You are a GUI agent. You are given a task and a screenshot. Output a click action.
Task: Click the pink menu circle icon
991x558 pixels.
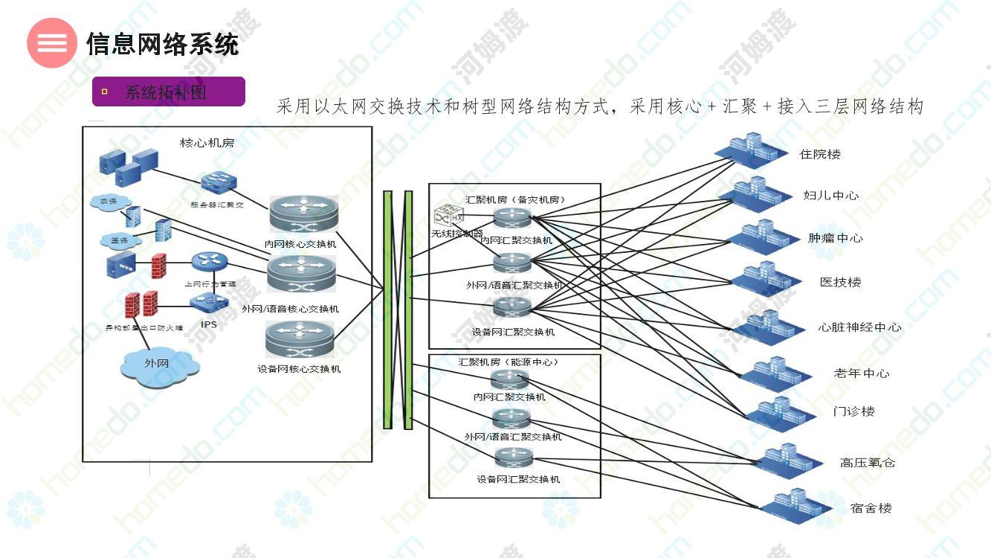click(x=51, y=42)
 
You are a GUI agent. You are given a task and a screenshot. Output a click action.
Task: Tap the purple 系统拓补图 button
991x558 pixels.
click(x=168, y=92)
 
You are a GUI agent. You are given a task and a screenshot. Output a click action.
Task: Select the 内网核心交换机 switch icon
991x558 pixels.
click(x=303, y=215)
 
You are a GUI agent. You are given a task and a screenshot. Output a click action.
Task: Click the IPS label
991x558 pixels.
click(x=209, y=324)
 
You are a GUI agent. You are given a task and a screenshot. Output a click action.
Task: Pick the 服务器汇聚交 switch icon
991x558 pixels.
click(x=218, y=183)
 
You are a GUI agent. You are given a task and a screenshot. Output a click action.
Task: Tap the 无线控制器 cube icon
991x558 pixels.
click(x=445, y=217)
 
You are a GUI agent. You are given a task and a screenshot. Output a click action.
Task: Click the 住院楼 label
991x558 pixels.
click(x=819, y=154)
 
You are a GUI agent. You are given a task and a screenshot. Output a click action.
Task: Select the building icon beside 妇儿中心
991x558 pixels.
click(x=754, y=193)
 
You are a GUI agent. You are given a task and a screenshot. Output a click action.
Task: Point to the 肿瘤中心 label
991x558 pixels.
click(x=835, y=238)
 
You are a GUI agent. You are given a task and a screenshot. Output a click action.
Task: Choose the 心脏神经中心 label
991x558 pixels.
click(x=859, y=327)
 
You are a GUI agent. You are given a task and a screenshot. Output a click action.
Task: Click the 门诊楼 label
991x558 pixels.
click(x=853, y=411)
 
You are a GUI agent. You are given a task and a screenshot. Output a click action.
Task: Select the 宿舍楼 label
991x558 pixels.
click(x=871, y=508)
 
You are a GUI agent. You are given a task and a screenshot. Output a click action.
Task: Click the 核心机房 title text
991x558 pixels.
click(x=207, y=142)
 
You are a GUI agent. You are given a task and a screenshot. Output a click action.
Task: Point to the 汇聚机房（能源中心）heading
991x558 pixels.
click(x=508, y=362)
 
